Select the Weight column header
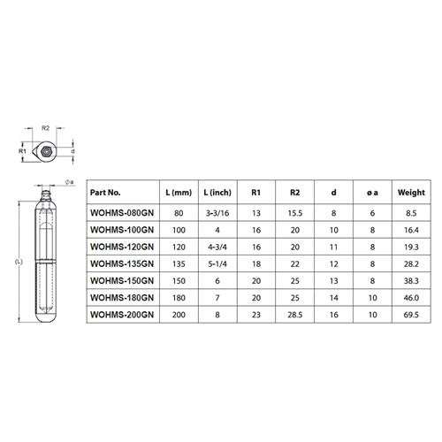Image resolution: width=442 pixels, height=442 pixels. pyautogui.click(x=411, y=192)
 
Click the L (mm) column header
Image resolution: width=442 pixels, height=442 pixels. pyautogui.click(x=179, y=192)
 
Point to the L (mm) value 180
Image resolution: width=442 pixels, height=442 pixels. pyautogui.click(x=179, y=297)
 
